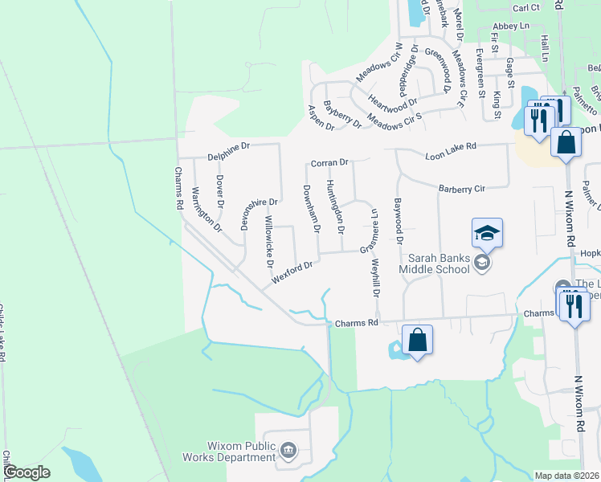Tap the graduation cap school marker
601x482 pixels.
point(487,234)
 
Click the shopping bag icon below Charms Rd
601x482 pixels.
point(417,340)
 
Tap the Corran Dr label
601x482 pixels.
point(329,162)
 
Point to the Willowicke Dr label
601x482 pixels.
point(270,240)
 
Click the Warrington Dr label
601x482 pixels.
point(206,210)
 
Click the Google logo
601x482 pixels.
point(27,472)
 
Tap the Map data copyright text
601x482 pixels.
point(567,476)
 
